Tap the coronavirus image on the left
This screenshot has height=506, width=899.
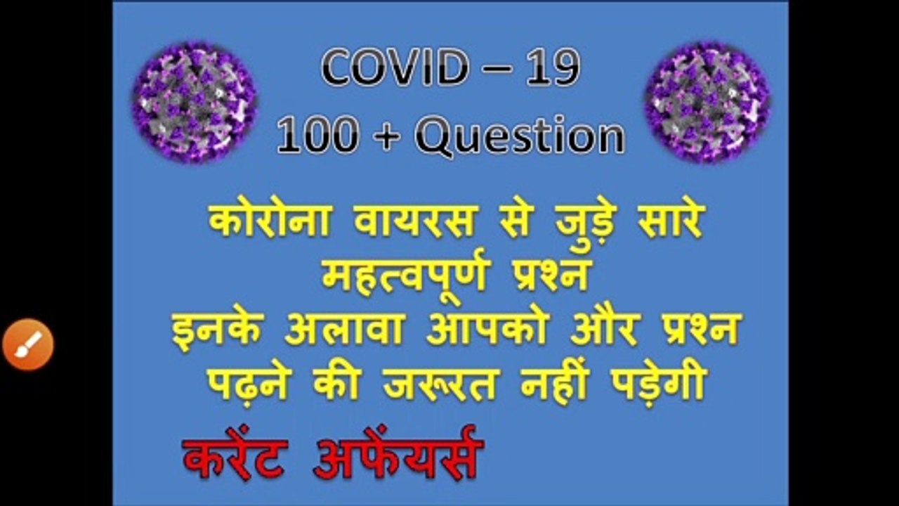tap(195, 103)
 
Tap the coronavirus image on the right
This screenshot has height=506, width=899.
tap(707, 103)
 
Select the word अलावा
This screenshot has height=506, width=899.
tap(345, 330)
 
